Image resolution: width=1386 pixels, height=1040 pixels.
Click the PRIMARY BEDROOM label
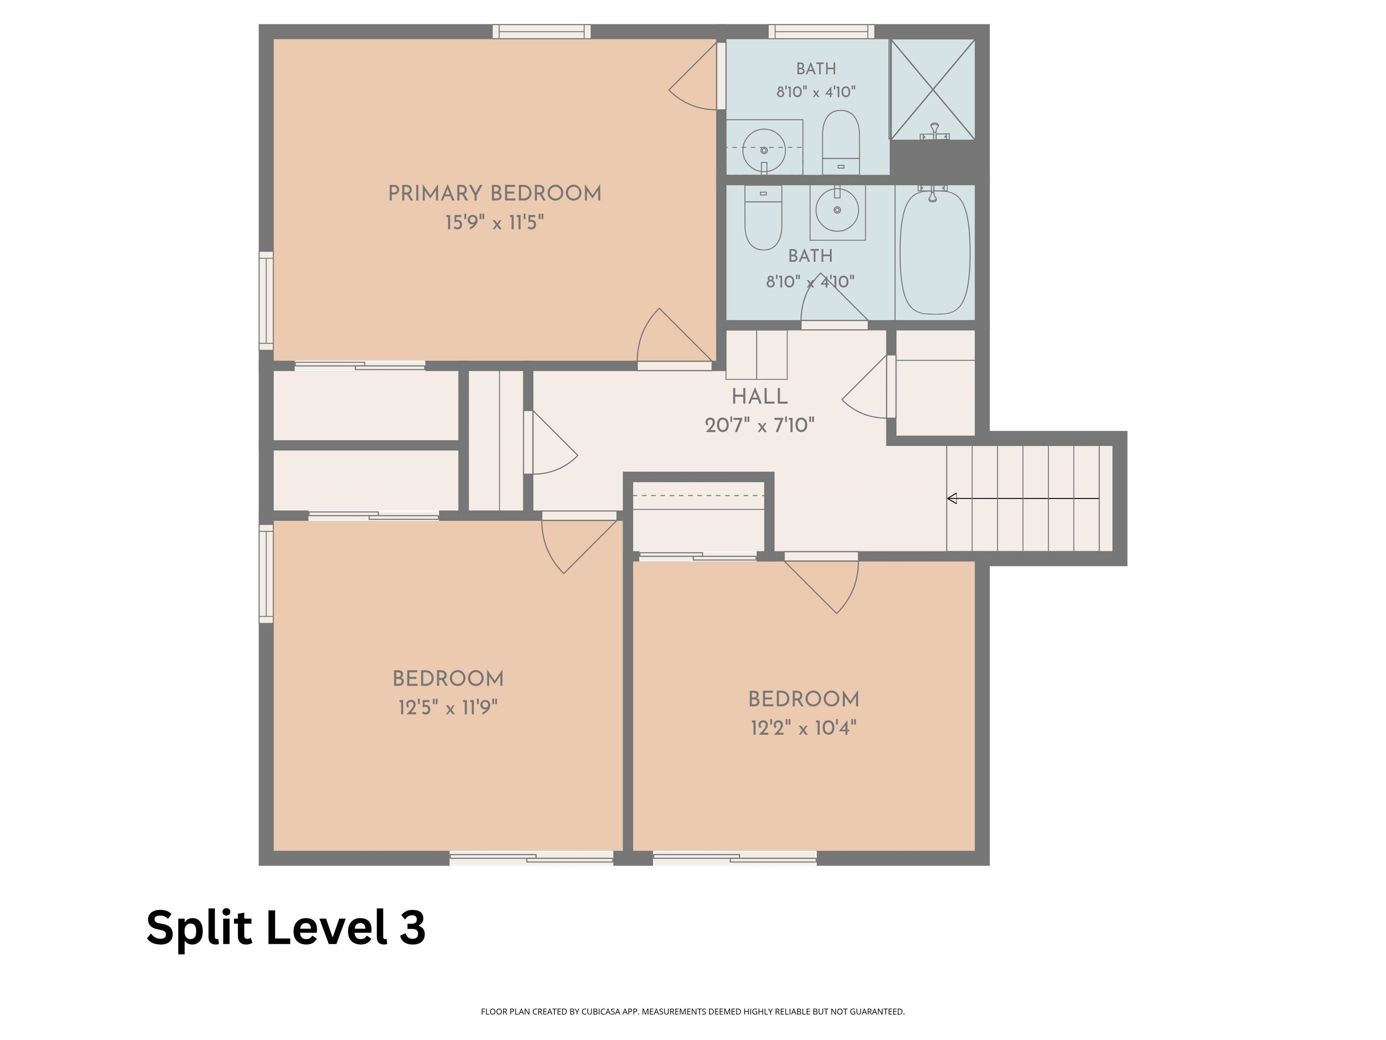(494, 193)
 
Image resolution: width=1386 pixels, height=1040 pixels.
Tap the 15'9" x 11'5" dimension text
(494, 223)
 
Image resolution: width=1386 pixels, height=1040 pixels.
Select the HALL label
(759, 396)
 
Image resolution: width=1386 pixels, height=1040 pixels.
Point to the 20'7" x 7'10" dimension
(759, 426)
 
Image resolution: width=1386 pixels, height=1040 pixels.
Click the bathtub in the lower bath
(934, 252)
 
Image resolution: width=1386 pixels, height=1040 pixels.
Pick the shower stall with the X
(933, 89)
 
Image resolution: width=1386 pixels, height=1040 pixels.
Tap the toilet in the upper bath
(840, 142)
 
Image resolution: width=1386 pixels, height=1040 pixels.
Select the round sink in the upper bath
(764, 150)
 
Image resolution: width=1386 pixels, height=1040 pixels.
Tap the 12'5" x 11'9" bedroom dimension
(448, 708)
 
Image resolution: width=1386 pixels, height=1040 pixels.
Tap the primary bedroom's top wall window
(541, 31)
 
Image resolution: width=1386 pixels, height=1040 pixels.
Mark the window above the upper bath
(822, 31)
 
